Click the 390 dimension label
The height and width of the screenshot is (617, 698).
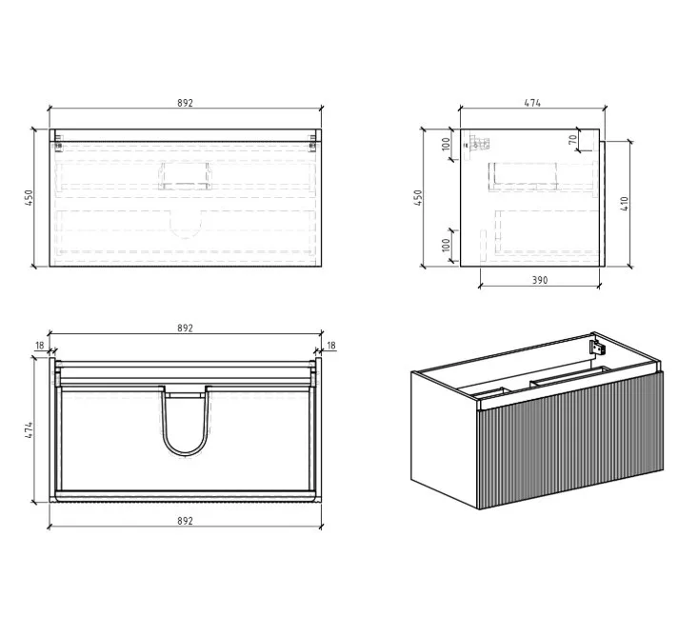click(540, 280)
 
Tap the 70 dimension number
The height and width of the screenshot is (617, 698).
click(573, 139)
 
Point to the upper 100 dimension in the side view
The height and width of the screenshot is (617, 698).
click(446, 144)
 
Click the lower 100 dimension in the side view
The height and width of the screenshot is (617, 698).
click(446, 245)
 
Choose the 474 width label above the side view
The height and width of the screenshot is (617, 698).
click(532, 103)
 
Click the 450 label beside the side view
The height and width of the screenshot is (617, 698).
click(417, 198)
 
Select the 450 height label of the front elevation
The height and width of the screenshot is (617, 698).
click(29, 198)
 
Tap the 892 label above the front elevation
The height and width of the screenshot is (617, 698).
click(185, 103)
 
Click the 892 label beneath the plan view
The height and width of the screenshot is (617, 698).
click(185, 521)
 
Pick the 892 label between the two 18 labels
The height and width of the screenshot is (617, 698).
click(185, 328)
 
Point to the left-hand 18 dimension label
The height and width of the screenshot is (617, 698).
click(40, 345)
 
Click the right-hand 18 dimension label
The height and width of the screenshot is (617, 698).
click(331, 345)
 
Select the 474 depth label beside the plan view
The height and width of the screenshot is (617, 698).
click(29, 430)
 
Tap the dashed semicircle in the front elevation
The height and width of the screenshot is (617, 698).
click(186, 236)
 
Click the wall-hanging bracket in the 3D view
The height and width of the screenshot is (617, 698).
click(597, 348)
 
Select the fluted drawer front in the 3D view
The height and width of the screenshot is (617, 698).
click(569, 441)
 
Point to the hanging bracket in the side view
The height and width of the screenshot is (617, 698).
click(477, 144)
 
